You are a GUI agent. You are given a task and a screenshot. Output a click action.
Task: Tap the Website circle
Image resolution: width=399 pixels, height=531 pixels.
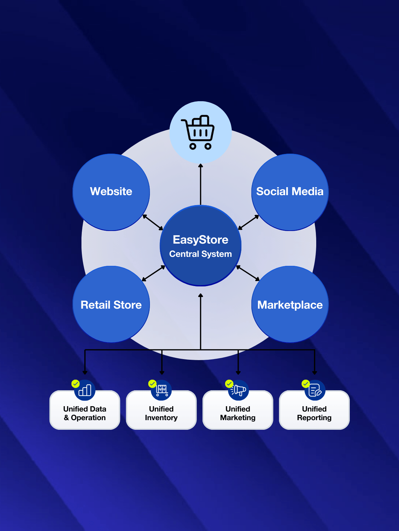pyautogui.click(x=111, y=192)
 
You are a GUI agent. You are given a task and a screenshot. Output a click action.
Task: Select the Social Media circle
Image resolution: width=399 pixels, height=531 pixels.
pyautogui.click(x=290, y=192)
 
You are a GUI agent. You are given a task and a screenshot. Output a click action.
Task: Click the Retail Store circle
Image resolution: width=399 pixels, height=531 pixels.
pyautogui.click(x=111, y=305)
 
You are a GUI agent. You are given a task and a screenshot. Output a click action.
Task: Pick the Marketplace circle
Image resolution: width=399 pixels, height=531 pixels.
pyautogui.click(x=290, y=305)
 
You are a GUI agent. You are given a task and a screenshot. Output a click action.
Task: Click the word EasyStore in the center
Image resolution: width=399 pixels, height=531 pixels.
pyautogui.click(x=200, y=240)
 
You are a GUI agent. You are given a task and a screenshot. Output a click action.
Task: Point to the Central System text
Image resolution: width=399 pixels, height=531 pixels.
pyautogui.click(x=200, y=254)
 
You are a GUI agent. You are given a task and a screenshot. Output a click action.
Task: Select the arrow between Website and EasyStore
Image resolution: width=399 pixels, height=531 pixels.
pyautogui.click(x=153, y=222)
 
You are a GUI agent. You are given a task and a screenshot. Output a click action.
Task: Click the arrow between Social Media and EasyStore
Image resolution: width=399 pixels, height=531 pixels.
pyautogui.click(x=248, y=222)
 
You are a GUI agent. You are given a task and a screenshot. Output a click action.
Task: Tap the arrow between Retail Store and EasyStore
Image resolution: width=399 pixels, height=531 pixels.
pyautogui.click(x=153, y=273)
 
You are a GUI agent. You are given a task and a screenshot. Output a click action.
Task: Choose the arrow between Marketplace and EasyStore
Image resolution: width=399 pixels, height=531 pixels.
pyautogui.click(x=248, y=273)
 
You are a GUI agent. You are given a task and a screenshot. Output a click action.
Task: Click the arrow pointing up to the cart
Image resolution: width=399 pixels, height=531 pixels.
pyautogui.click(x=200, y=184)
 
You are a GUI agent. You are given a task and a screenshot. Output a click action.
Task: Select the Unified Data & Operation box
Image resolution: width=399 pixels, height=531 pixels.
pyautogui.click(x=85, y=413)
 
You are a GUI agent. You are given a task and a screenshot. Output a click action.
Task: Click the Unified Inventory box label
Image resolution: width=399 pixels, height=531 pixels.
pyautogui.click(x=161, y=413)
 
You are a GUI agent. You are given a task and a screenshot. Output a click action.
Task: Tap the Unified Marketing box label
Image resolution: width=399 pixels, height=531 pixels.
pyautogui.click(x=238, y=413)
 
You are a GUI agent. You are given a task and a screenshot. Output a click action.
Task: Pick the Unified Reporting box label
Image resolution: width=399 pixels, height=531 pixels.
pyautogui.click(x=314, y=413)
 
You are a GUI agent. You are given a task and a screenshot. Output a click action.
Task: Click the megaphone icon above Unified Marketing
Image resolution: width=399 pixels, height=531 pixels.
pyautogui.click(x=239, y=390)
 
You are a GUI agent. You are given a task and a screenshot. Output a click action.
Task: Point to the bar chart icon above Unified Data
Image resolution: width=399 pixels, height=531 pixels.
pyautogui.click(x=85, y=390)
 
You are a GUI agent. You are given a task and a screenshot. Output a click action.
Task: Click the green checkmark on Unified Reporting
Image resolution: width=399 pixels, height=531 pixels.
pyautogui.click(x=305, y=384)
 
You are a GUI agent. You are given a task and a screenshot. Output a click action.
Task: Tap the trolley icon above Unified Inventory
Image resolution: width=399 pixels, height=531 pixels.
pyautogui.click(x=162, y=390)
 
